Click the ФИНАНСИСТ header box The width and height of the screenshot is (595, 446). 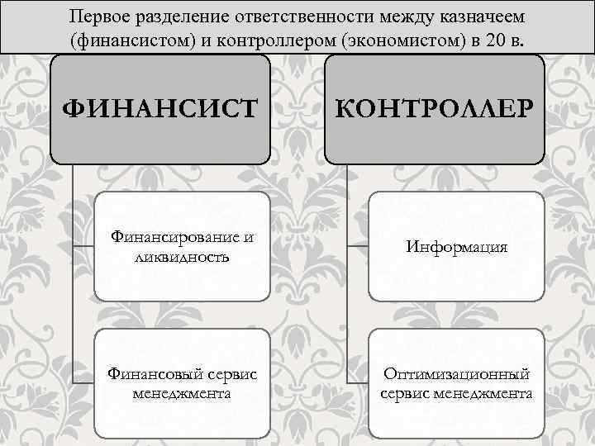[160, 108]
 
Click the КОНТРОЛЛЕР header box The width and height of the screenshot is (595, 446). [435, 108]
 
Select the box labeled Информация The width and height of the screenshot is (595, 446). [456, 246]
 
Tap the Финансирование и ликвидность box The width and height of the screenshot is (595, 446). [182, 246]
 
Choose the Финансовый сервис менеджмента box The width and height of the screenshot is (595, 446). [182, 383]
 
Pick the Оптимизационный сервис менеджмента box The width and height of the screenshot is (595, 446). [456, 383]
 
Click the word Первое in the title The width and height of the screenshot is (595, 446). [99, 17]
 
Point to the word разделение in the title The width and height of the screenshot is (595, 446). [183, 17]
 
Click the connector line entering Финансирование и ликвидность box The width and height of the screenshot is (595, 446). [83, 246]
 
